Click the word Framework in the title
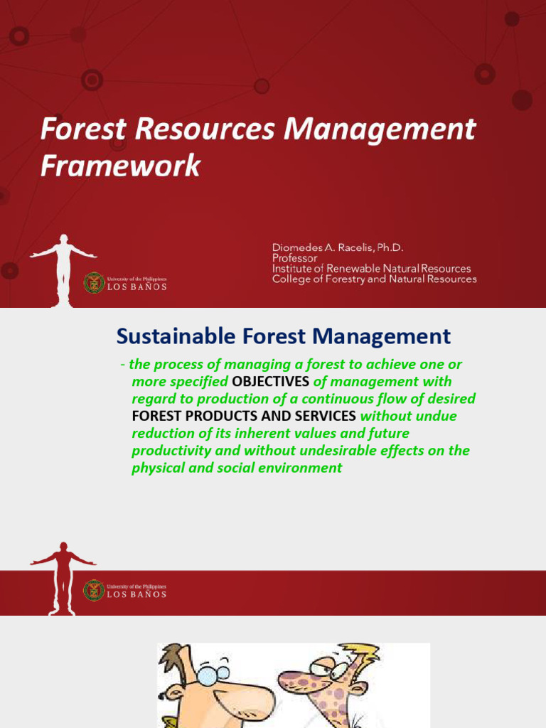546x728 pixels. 120,166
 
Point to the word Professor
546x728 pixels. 294,258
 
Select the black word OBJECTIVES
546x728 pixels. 271,382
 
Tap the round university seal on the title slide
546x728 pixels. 94,283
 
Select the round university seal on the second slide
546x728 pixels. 94,590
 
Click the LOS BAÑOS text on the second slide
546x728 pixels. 136,594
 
